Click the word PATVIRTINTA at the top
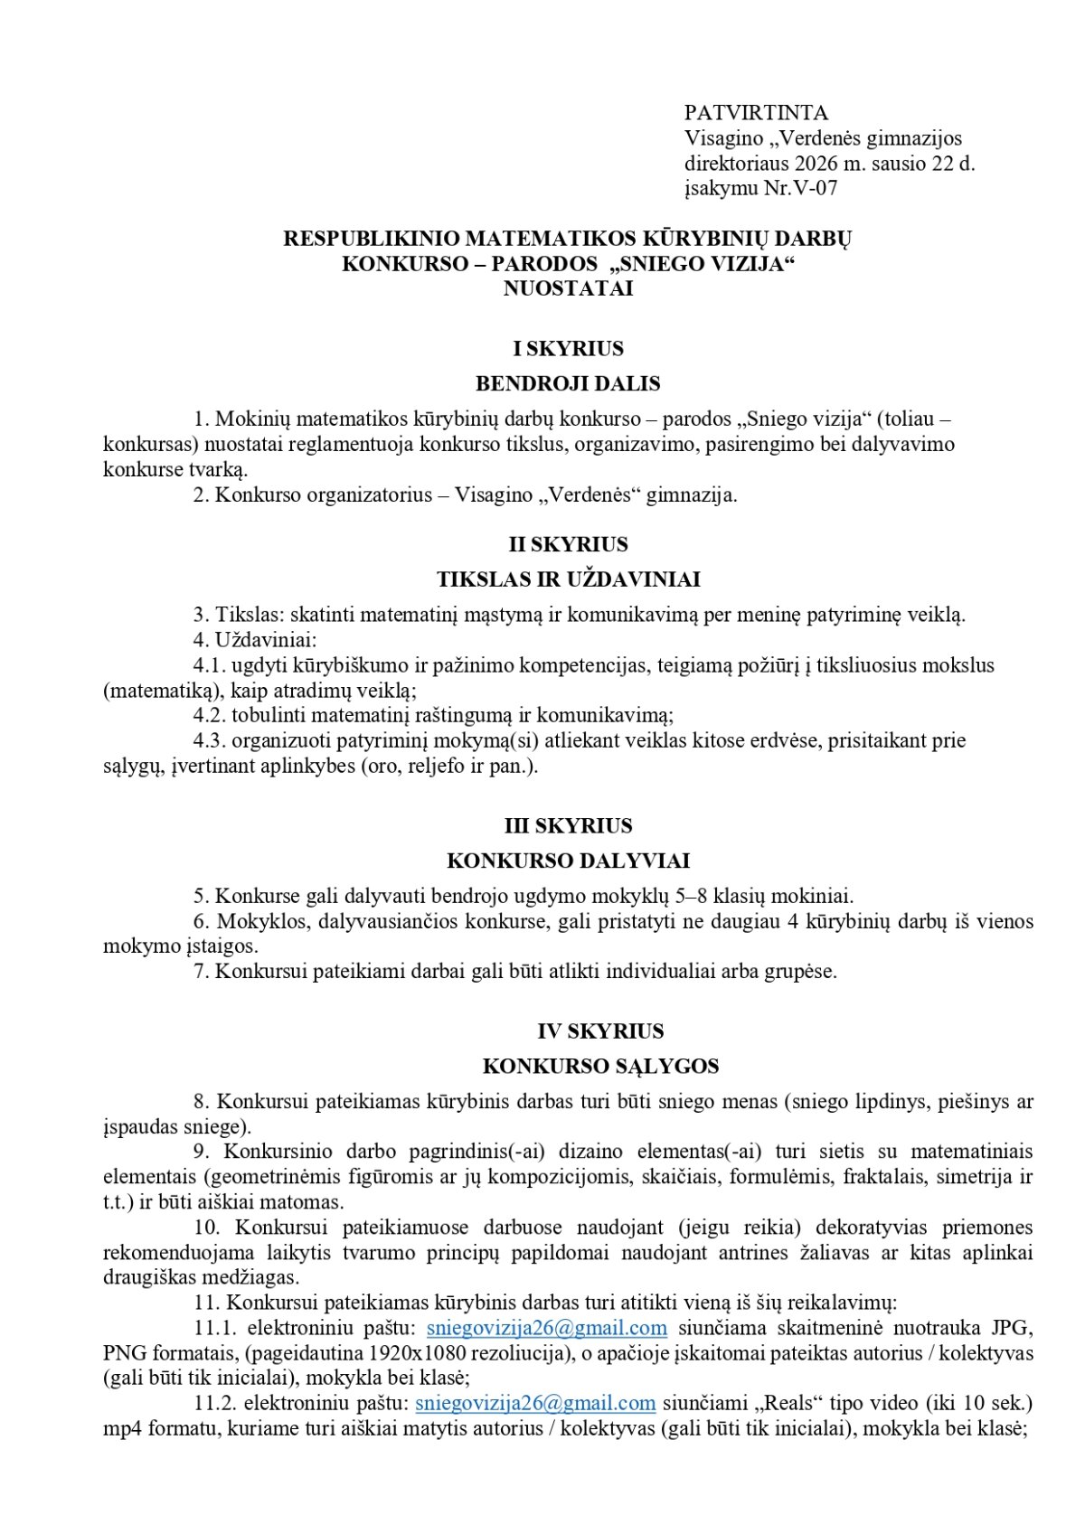[x=756, y=113]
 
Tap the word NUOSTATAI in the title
[x=568, y=289]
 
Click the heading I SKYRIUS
[x=568, y=349]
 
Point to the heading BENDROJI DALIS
[x=568, y=383]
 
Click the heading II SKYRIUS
[x=568, y=544]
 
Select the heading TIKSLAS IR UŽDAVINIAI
[x=568, y=579]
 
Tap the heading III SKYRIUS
[x=568, y=826]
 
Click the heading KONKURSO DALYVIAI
[x=568, y=861]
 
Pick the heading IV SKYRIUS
[x=600, y=1031]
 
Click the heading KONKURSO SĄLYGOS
[x=600, y=1067]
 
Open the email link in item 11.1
[x=546, y=1328]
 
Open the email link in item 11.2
[x=535, y=1404]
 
